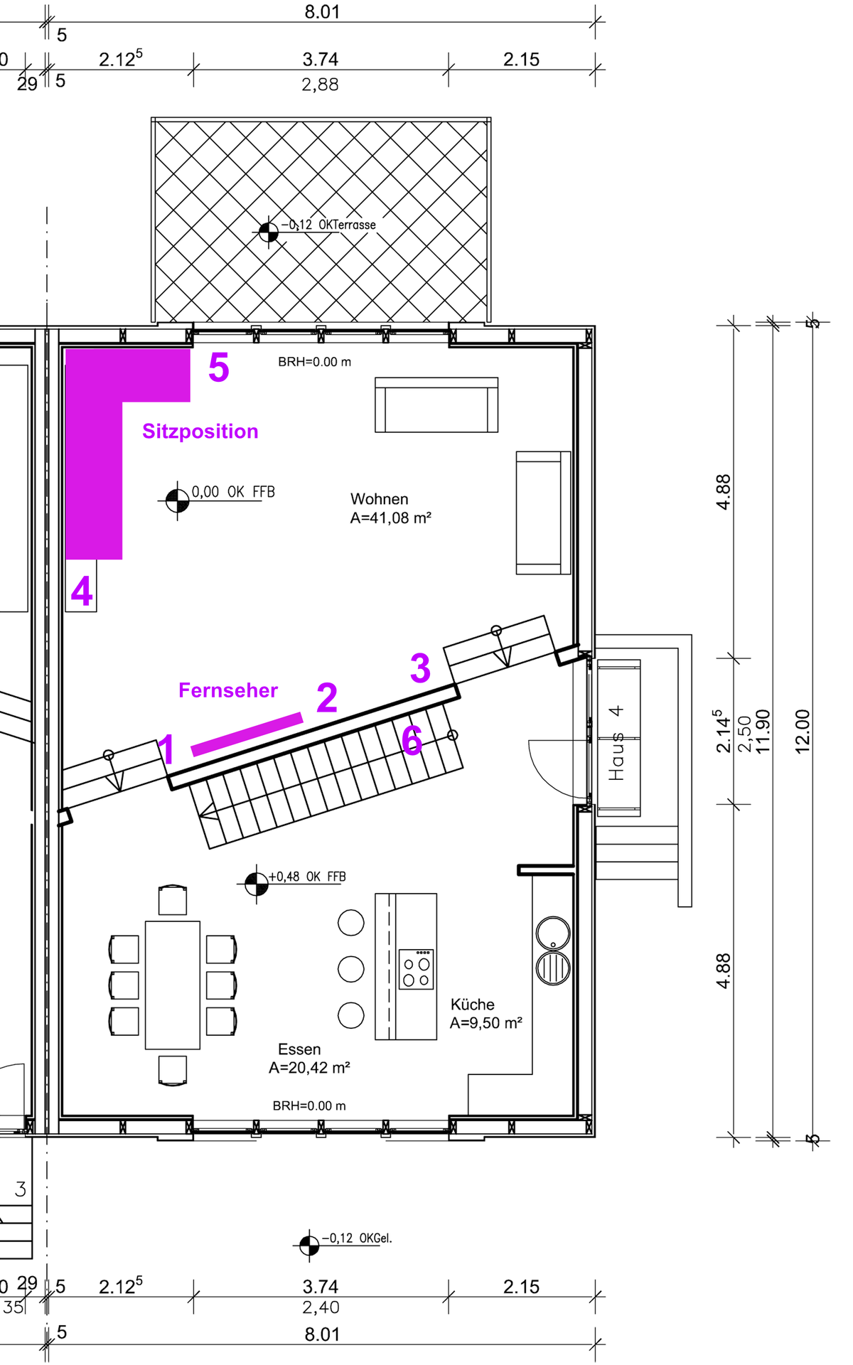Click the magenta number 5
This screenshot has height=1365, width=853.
pos(219,368)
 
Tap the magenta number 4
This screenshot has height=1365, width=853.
pos(82,591)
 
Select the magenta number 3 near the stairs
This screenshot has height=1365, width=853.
pos(420,668)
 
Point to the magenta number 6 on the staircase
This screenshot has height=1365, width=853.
pos(412,740)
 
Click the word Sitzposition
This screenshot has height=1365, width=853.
pos(200,432)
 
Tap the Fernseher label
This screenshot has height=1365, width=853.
pos(228,690)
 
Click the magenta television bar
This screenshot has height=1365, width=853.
pos(247,734)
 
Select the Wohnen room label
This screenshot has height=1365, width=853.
pos(380,499)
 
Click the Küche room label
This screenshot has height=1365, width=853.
pos(473,1004)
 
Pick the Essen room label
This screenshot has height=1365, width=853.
pos(299,1049)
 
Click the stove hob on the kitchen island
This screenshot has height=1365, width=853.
pos(417,969)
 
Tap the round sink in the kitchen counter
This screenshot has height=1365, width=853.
pos(553,932)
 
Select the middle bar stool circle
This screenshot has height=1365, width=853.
pos(351,968)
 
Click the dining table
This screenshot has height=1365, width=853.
pos(173,985)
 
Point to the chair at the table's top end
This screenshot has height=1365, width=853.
pos(173,899)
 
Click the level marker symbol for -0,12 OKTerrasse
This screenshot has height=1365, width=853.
pos(269,230)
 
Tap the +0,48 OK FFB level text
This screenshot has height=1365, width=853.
pos(307,877)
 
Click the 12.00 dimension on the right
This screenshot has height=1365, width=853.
pos(803,731)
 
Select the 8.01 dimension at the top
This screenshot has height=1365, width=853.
pos(322,12)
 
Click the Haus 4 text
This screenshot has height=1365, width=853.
pos(616,743)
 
